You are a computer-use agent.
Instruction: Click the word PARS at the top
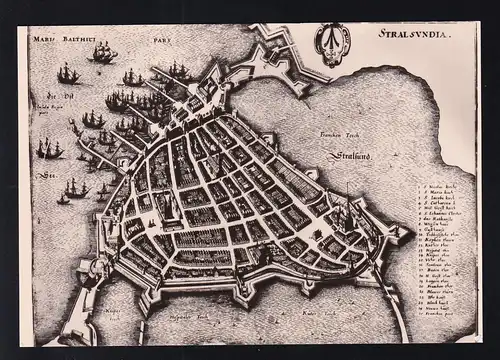tap(162, 41)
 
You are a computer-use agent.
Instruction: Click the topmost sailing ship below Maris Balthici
tap(101, 53)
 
